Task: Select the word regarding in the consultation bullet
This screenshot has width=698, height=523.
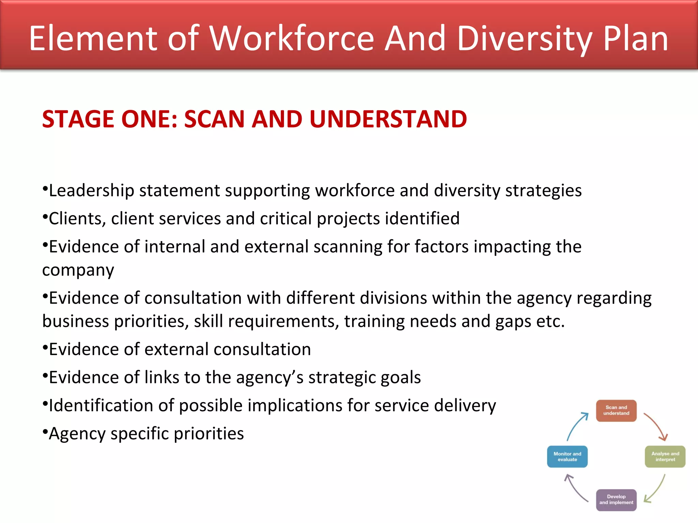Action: pos(614,298)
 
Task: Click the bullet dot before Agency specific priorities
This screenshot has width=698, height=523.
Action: pos(45,431)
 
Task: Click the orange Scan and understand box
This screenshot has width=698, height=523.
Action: pos(616,411)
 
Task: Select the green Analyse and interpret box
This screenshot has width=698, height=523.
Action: pos(665,457)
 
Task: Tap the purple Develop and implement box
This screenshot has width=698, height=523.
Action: pos(616,500)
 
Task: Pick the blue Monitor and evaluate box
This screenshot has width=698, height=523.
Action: pos(567,457)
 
